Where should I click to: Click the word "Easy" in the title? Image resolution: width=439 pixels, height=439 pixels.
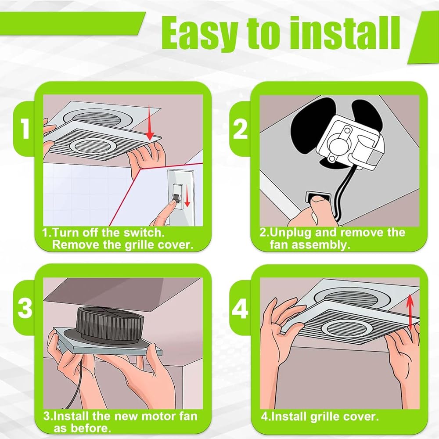(x=200, y=33)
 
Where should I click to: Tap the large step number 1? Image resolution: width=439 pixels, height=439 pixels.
(x=25, y=129)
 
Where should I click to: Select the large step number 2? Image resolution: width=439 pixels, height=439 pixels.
(x=240, y=129)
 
